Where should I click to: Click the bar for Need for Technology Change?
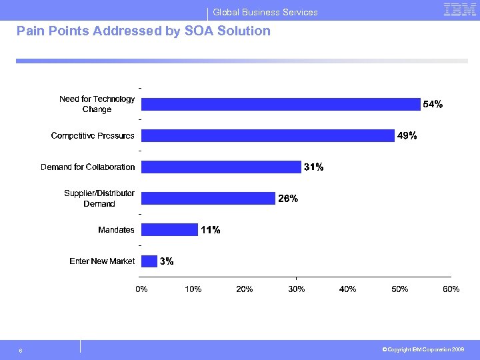coord(281,104)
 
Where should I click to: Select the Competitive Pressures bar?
coord(268,135)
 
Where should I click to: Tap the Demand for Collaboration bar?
coord(221,167)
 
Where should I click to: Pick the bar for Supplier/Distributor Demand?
coord(208,198)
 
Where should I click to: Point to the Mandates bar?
coord(169,230)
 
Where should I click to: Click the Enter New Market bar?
coord(149,261)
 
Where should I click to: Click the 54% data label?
coord(433,105)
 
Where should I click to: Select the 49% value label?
coord(407,136)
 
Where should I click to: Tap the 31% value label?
coord(313,167)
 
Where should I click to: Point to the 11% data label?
coord(211,230)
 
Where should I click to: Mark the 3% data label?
coord(167,261)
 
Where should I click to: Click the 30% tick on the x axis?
coord(297,289)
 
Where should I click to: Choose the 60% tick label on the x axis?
coord(451,289)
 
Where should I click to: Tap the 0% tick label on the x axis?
coord(142,289)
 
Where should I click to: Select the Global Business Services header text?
coord(265,12)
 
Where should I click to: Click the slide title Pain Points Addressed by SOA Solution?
coord(143,31)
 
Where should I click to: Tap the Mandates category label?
coord(116,230)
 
